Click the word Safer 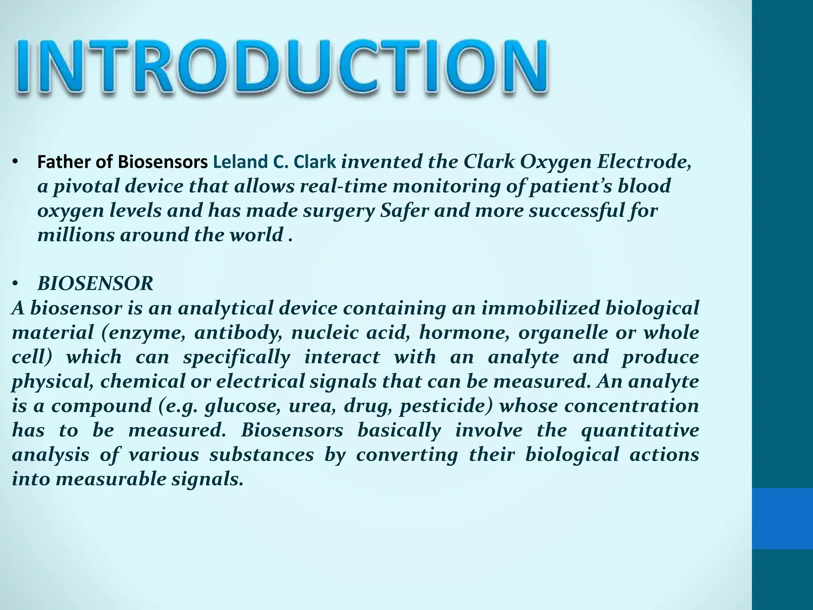pyautogui.click(x=405, y=210)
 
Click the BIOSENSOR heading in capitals pyautogui.click(x=95, y=284)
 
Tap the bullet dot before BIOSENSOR pyautogui.click(x=15, y=284)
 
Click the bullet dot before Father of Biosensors pyautogui.click(x=15, y=162)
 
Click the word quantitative pyautogui.click(x=640, y=430)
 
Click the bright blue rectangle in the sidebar pyautogui.click(x=782, y=518)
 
